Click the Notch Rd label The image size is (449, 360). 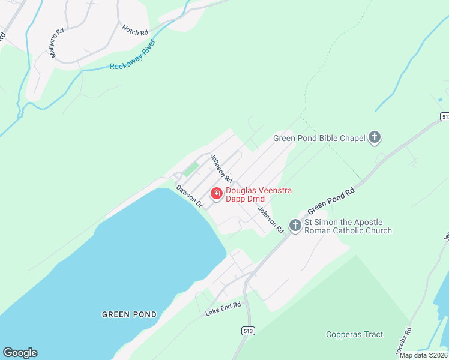coord(135,30)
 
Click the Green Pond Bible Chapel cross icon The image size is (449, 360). coord(375,138)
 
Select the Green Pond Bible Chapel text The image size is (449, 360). coord(319,139)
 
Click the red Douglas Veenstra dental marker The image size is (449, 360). coord(216,194)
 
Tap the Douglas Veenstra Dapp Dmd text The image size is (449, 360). coord(259,194)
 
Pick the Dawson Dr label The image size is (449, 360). coord(190,196)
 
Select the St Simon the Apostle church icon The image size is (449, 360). coord(295,226)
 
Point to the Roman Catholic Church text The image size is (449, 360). coord(348,230)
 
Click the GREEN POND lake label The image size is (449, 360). coord(129,314)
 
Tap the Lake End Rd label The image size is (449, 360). coord(223,309)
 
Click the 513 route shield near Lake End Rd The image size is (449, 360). coord(247,331)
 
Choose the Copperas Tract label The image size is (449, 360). coord(354,335)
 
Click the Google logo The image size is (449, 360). coord(20,353)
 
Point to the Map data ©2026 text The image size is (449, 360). coord(424,355)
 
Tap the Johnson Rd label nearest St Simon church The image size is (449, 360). coord(271,220)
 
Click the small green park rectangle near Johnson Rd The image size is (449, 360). coord(191,169)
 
